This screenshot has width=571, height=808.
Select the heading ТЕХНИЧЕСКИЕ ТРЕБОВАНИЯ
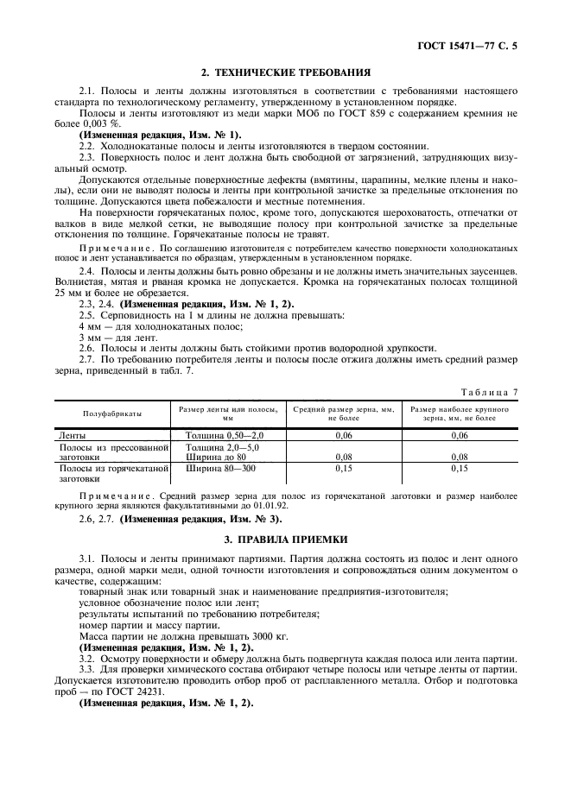[x=287, y=73]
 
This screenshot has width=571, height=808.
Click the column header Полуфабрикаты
[x=112, y=413]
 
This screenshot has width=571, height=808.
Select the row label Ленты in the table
[x=73, y=435]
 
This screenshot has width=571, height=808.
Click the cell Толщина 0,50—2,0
[x=222, y=435]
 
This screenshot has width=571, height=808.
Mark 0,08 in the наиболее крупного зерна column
[x=459, y=457]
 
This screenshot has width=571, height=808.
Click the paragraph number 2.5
[x=86, y=316]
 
